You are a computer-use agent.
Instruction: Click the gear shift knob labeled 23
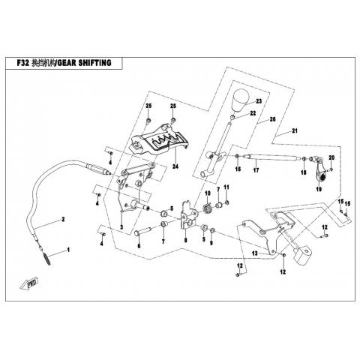[241, 100]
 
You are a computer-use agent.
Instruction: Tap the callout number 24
[175, 166]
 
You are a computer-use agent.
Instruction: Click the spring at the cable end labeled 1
[46, 258]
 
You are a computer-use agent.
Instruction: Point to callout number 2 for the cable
[63, 219]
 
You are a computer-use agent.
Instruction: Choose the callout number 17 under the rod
[256, 170]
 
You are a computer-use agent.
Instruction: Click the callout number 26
[272, 119]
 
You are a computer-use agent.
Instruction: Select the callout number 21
[295, 130]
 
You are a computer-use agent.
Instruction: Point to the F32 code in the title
[23, 63]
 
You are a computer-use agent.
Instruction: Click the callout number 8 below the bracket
[185, 240]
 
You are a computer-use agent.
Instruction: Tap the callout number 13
[255, 253]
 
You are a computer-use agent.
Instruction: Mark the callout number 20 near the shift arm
[331, 157]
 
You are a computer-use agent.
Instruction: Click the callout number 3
[121, 227]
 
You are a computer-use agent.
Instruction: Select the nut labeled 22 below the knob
[232, 117]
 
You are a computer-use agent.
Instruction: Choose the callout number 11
[226, 187]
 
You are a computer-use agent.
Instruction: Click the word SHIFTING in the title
[95, 63]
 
